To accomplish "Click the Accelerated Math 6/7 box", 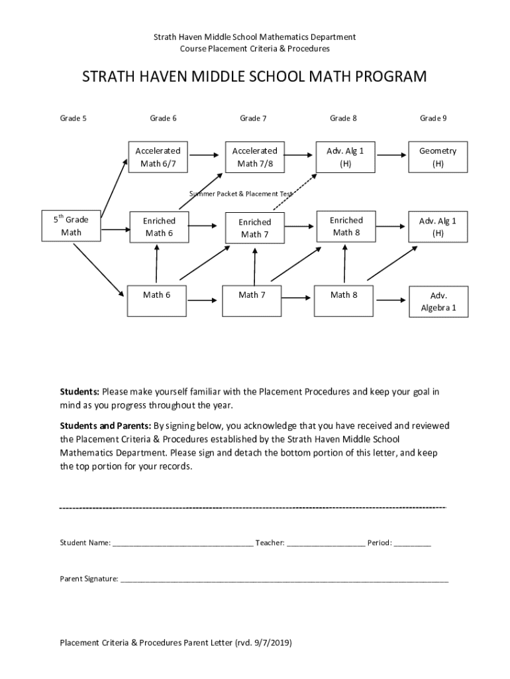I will tap(156, 157).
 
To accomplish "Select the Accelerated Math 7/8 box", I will tap(254, 157).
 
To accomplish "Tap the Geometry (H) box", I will tap(438, 157).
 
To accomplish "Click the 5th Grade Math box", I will tap(71, 225).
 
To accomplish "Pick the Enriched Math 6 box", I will tap(159, 227).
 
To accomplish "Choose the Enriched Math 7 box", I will tap(254, 228).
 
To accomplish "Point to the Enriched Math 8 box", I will tap(346, 226).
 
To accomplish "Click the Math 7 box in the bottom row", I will tap(252, 295).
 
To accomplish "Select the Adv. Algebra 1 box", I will tap(438, 302).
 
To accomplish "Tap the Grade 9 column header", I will tap(433, 119).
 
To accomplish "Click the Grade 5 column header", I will tap(74, 119).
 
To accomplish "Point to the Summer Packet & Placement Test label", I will tap(241, 194).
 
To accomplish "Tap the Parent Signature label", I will tap(89, 579).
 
